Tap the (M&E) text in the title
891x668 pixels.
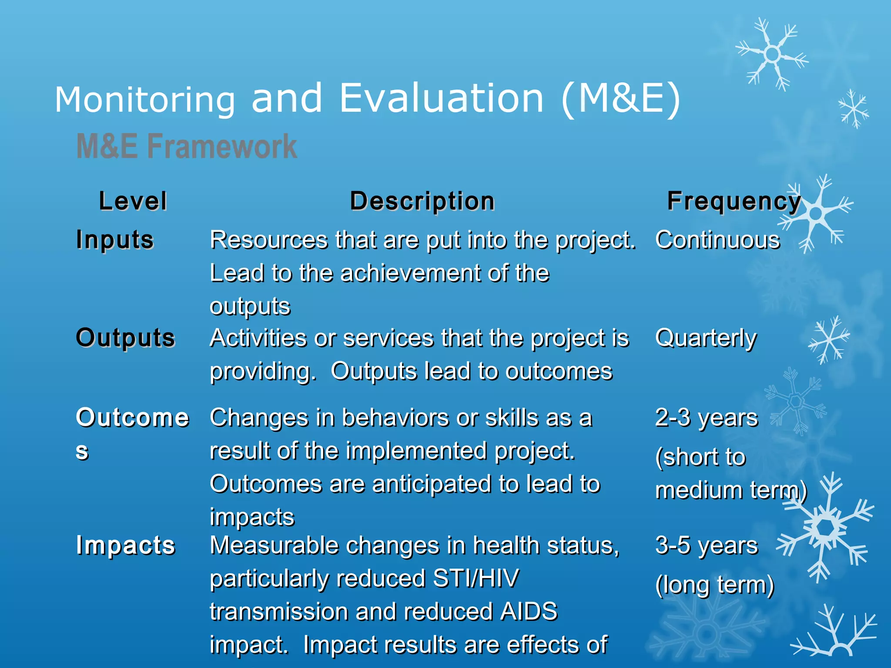620,99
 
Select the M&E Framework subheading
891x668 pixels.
187,146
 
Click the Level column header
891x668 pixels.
133,201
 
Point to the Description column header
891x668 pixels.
422,201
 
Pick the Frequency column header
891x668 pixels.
734,201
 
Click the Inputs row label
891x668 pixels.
115,240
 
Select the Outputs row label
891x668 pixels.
126,338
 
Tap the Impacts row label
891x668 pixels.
126,545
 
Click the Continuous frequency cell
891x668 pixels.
718,240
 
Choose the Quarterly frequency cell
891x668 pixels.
706,338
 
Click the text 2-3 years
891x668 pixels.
707,418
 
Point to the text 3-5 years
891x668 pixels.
707,545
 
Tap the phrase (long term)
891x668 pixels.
715,585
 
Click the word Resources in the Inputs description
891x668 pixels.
269,240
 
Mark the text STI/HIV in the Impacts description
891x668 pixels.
476,578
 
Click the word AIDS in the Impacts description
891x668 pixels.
529,611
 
